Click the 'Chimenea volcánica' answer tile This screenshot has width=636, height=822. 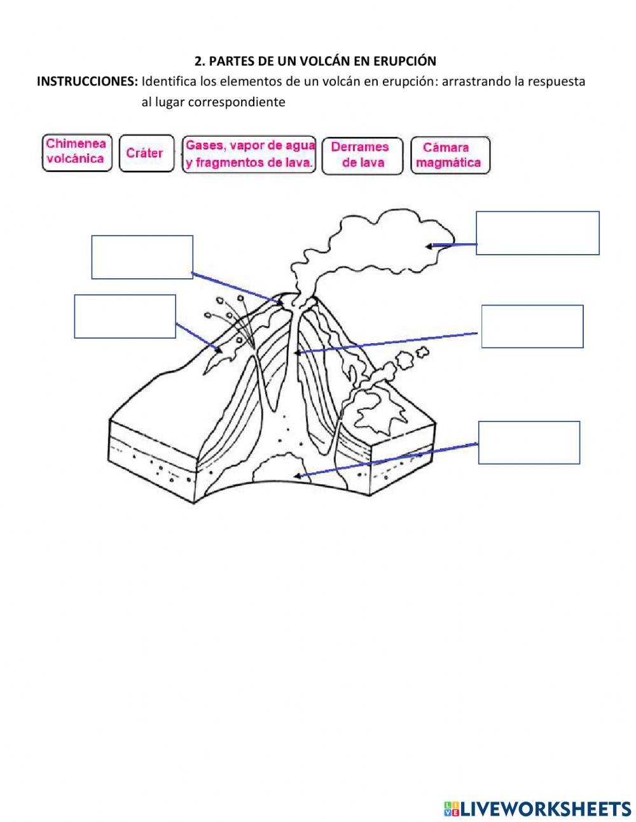coord(76,153)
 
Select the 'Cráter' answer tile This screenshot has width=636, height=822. coord(146,153)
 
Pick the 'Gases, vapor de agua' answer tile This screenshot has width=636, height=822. coord(249,154)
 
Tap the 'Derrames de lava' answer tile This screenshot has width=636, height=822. coord(362,155)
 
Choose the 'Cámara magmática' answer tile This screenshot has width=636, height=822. coord(450,155)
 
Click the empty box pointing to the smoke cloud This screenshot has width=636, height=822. coord(537,233)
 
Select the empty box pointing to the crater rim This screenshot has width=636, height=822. coord(142,257)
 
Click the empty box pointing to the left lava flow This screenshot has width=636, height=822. coord(125,316)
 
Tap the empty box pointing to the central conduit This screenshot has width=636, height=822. coord(532,326)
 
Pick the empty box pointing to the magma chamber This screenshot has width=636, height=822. coord(529,443)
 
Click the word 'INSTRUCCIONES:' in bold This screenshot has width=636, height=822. coord(87,81)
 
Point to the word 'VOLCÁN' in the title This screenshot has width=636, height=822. coord(307,61)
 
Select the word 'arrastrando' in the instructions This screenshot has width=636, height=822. coord(474,81)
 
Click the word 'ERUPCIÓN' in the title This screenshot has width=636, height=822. coord(407,61)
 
